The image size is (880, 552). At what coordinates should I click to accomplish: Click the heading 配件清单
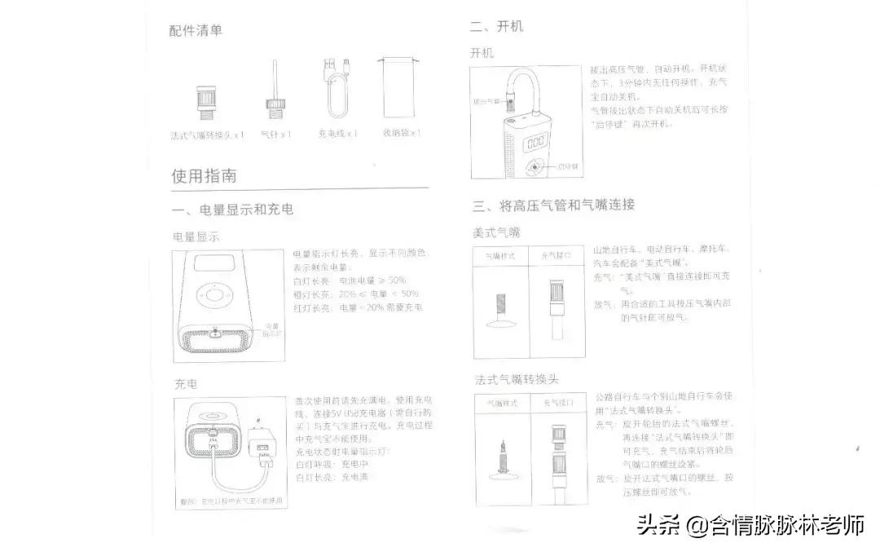point(196,30)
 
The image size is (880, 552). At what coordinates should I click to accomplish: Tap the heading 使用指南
point(204,175)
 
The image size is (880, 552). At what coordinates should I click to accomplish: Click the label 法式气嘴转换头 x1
point(207,135)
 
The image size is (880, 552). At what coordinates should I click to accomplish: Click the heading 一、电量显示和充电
point(234,210)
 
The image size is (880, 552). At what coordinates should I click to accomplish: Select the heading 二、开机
point(497,27)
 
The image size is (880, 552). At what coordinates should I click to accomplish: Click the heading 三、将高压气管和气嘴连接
point(554,204)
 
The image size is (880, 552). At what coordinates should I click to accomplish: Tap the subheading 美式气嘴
point(497,232)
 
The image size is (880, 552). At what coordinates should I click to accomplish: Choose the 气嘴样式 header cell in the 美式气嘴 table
point(501,255)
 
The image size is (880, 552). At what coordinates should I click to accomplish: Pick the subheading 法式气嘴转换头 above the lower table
point(517,379)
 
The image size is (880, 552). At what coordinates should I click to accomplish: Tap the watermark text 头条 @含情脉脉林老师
point(750,525)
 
